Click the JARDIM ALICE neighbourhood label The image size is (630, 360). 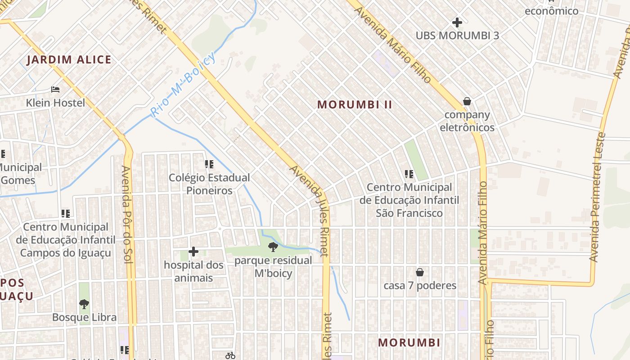pyautogui.click(x=69, y=60)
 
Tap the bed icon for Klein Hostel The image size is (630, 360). pyautogui.click(x=55, y=90)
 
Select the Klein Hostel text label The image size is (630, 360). pyautogui.click(x=55, y=103)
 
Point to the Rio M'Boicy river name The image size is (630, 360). pyautogui.click(x=183, y=84)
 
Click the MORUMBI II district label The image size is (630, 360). pyautogui.click(x=355, y=105)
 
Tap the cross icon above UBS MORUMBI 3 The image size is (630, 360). pyautogui.click(x=457, y=22)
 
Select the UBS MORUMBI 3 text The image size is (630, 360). pyautogui.click(x=457, y=36)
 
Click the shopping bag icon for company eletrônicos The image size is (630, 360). pyautogui.click(x=467, y=101)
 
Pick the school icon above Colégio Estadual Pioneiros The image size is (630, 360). pyautogui.click(x=209, y=164)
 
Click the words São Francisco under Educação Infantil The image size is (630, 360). pyautogui.click(x=409, y=213)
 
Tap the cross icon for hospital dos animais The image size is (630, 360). pyautogui.click(x=193, y=251)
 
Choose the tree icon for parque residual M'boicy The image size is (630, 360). pyautogui.click(x=273, y=247)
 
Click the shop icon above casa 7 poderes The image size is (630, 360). pyautogui.click(x=420, y=272)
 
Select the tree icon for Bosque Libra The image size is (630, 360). pyautogui.click(x=84, y=304)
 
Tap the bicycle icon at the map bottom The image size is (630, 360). pyautogui.click(x=230, y=355)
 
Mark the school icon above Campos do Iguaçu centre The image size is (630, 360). pyautogui.click(x=66, y=213)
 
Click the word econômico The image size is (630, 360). pyautogui.click(x=552, y=11)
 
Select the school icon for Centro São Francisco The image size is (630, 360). pyautogui.click(x=409, y=174)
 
